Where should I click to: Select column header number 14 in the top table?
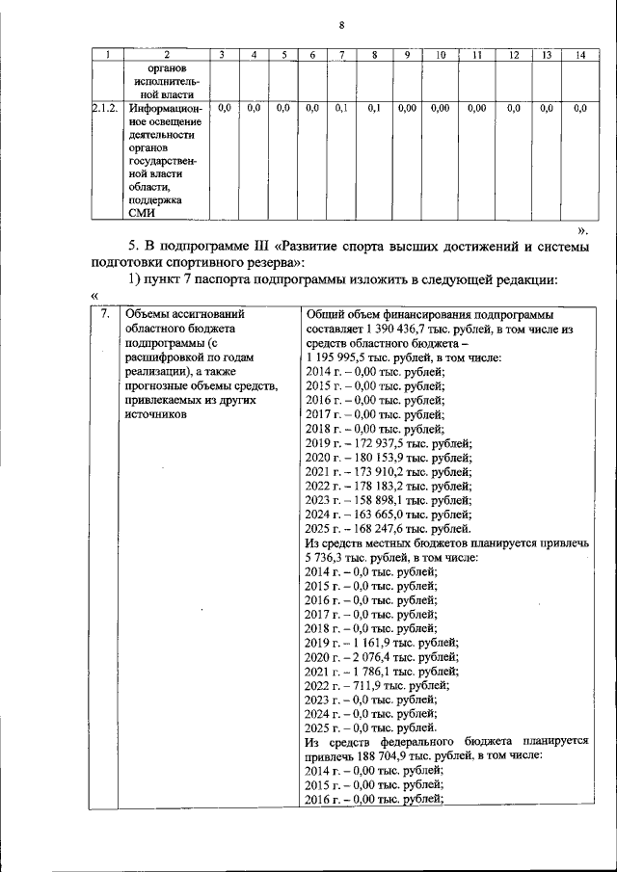click(x=579, y=55)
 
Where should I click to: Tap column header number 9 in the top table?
click(x=407, y=55)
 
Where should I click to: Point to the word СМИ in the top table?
click(x=141, y=214)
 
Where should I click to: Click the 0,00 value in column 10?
click(x=441, y=110)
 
